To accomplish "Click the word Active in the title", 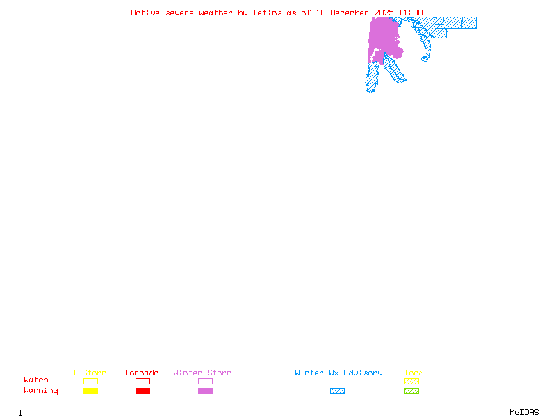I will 146,13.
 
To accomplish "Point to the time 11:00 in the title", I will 410,13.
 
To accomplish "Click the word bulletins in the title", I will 260,13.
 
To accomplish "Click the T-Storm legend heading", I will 90,373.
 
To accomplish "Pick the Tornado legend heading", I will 142,373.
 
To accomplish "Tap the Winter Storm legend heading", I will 202,373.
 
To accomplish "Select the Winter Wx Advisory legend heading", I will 338,373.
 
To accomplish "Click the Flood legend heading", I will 411,373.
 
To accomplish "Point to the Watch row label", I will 36,380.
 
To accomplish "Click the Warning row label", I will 41,391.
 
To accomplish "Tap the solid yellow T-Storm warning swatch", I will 90,391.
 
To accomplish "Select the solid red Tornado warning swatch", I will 142,391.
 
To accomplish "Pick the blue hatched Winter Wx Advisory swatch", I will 337,391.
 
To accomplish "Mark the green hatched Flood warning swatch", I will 411,391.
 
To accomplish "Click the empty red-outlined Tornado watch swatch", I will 142,381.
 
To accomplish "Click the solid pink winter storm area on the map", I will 384,35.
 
